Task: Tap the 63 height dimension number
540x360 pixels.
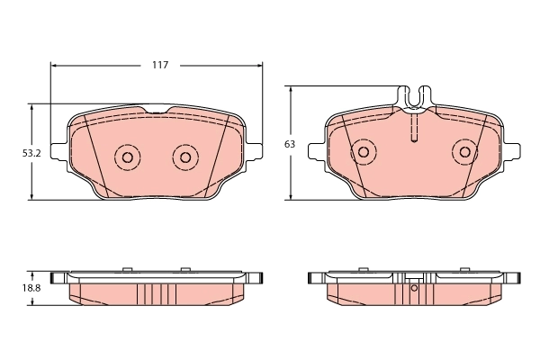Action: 289,144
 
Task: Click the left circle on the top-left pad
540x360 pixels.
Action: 126,157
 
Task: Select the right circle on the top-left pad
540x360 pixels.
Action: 185,157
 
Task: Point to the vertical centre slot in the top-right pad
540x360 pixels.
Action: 414,128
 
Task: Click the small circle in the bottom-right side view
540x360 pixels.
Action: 414,289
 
